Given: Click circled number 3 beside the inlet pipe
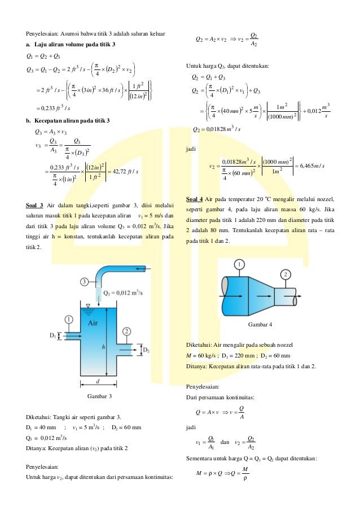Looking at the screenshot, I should coord(85,281).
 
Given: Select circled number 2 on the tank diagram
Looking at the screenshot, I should coord(127,331).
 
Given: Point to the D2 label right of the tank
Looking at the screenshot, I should coord(145,351).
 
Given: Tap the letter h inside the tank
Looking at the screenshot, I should coord(103,348).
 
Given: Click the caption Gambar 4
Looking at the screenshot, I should coord(260,324).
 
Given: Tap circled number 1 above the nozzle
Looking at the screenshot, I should coord(240,264).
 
